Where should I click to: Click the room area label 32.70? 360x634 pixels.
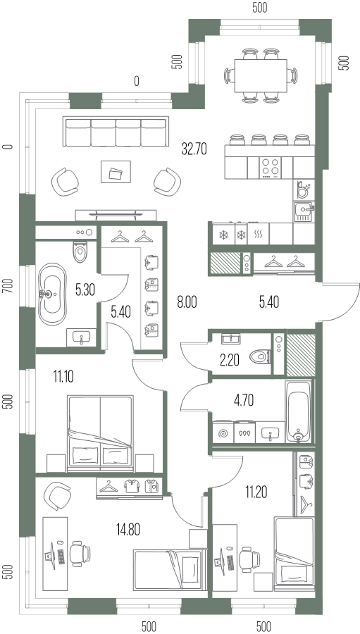(194, 149)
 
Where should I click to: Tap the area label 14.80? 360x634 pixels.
(127, 529)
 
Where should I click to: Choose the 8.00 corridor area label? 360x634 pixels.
(187, 302)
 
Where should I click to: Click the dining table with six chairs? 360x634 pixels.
(261, 76)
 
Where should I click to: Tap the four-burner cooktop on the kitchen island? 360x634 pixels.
(271, 168)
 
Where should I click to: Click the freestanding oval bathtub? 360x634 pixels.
(51, 294)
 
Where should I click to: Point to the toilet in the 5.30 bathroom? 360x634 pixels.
(80, 252)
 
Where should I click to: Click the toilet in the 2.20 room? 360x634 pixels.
(260, 356)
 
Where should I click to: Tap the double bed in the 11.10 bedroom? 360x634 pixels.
(100, 433)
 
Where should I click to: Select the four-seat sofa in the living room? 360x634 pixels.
(116, 132)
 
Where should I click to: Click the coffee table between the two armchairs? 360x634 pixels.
(116, 173)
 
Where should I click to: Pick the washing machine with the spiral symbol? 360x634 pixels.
(223, 433)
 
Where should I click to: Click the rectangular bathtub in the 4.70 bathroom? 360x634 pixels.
(299, 411)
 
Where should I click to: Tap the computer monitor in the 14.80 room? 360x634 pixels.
(51, 555)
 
